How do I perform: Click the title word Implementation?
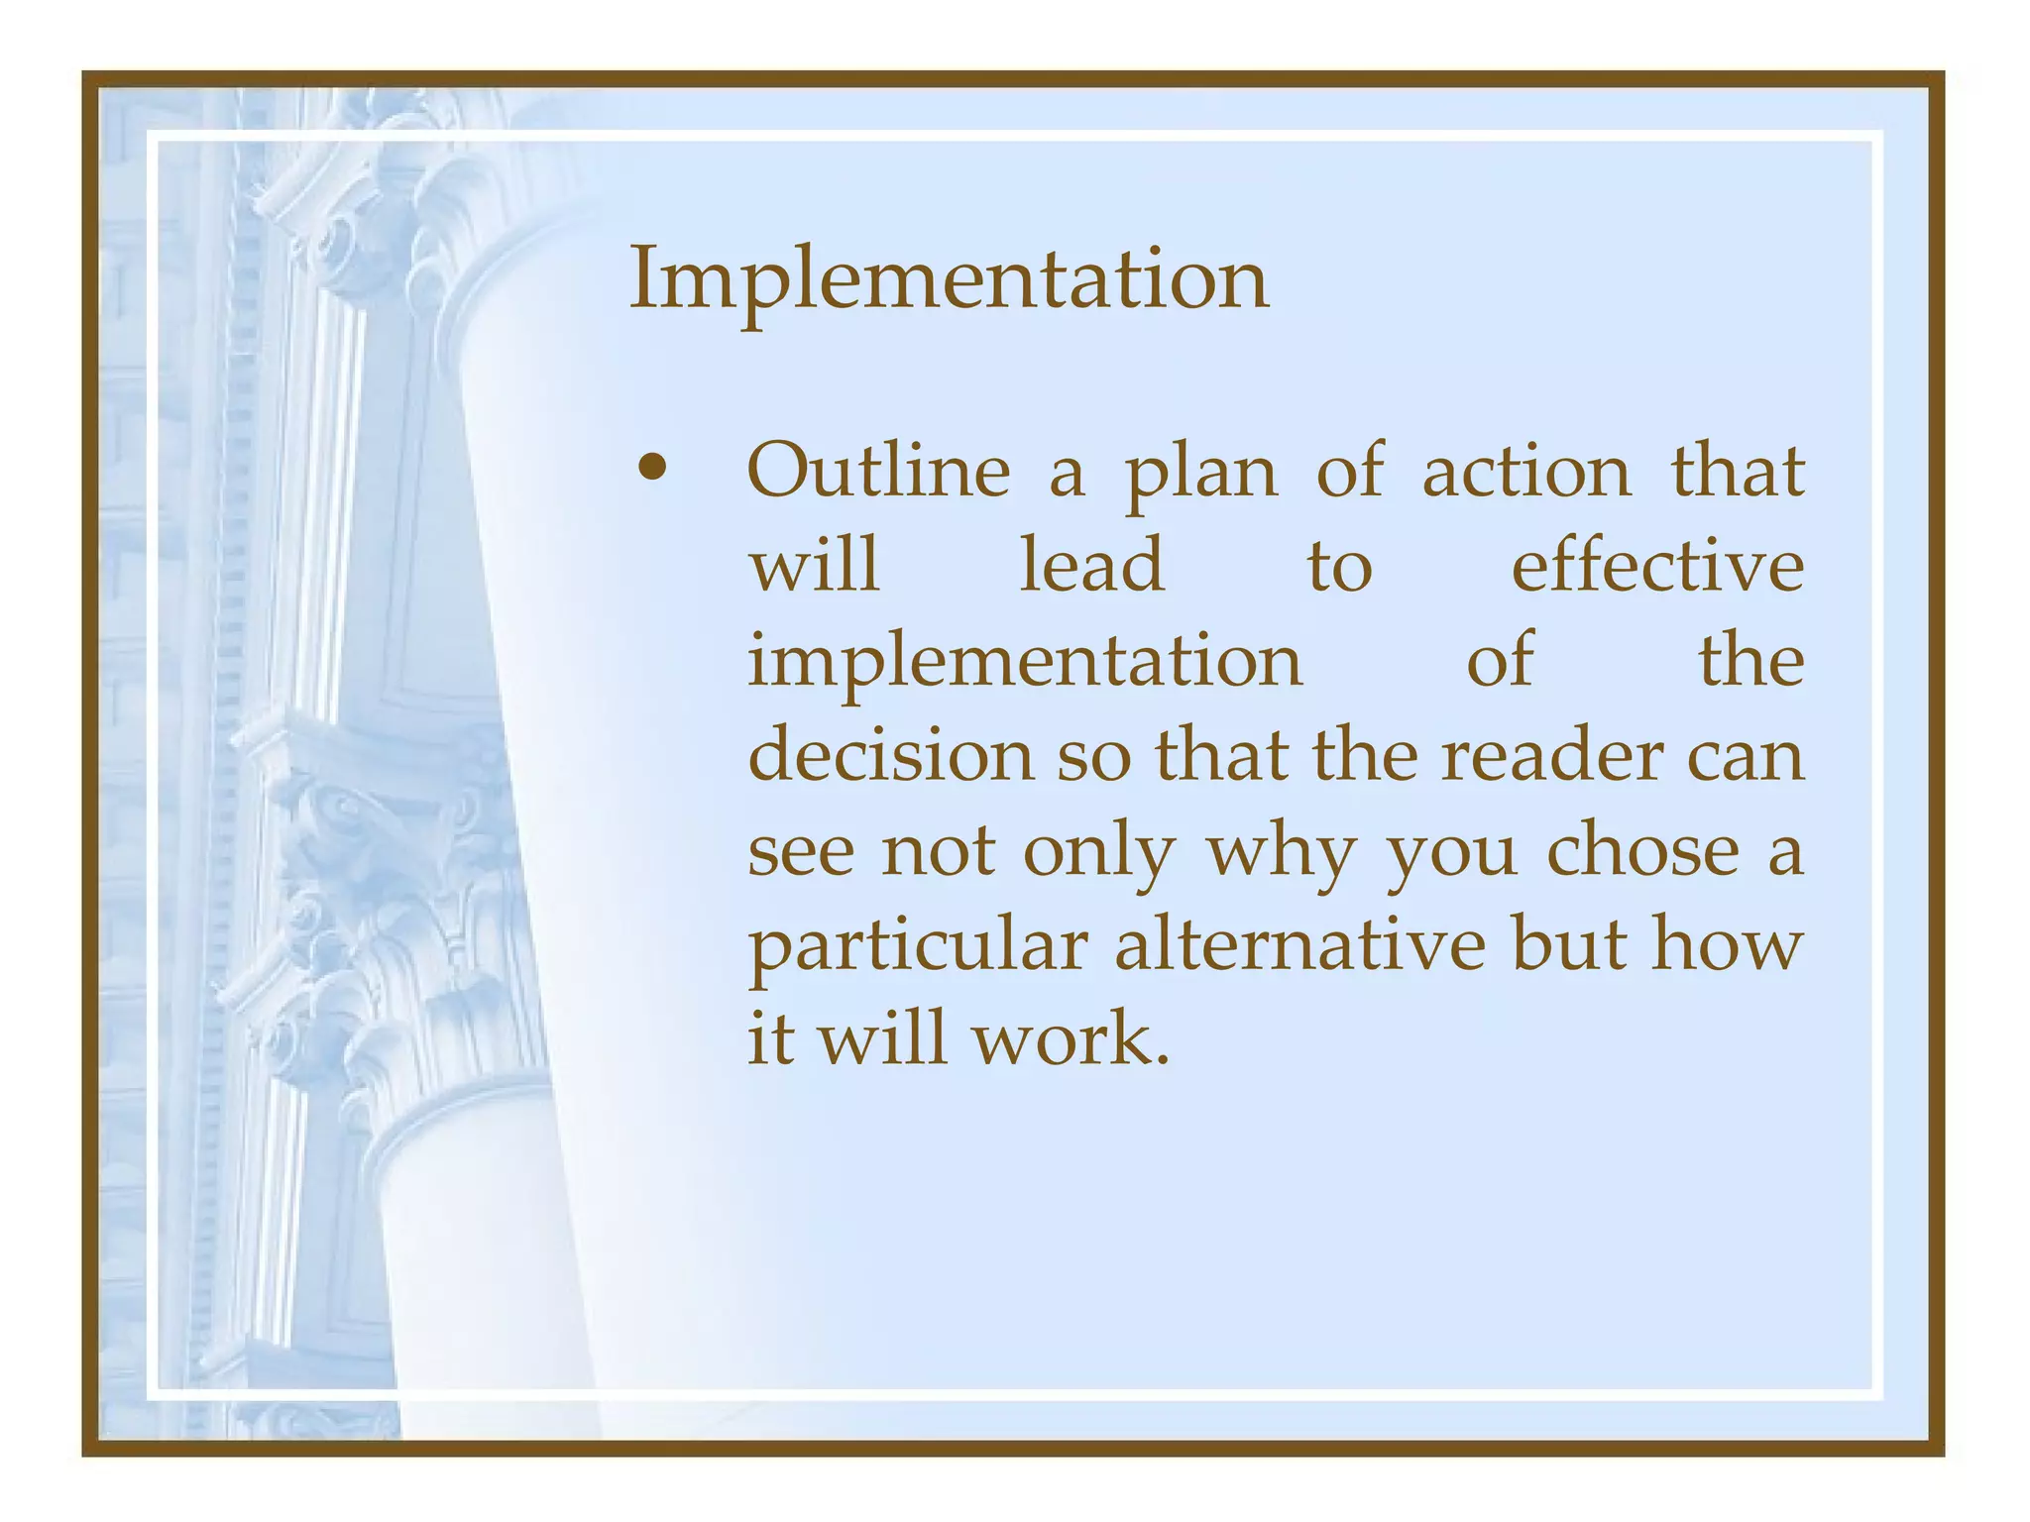pyautogui.click(x=949, y=279)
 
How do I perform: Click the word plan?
pyautogui.click(x=1201, y=474)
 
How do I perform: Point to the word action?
pyautogui.click(x=1526, y=472)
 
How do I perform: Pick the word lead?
pyautogui.click(x=1092, y=566)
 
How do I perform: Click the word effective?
pyautogui.click(x=1657, y=566)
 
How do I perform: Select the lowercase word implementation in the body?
pyautogui.click(x=1025, y=662)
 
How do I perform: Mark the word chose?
pyautogui.click(x=1642, y=850)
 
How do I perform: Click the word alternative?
pyautogui.click(x=1299, y=944)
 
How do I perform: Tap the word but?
pyautogui.click(x=1568, y=944)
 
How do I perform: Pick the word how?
pyautogui.click(x=1726, y=944)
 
